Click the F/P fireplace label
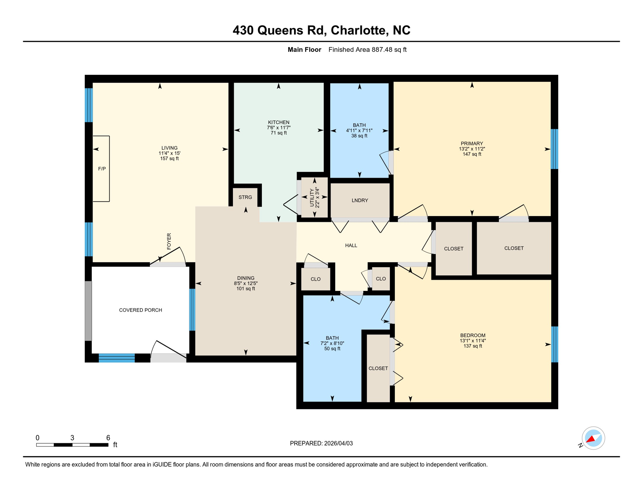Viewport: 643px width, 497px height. (x=102, y=169)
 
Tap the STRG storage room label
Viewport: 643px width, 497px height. (x=245, y=197)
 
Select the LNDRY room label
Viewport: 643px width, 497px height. (x=360, y=200)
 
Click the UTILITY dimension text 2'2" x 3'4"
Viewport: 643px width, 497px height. (x=317, y=198)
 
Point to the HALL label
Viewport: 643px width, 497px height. (x=351, y=245)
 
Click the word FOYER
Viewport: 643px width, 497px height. (x=169, y=241)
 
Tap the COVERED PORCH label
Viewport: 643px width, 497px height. (x=140, y=310)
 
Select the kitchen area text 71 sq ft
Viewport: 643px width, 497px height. (x=278, y=133)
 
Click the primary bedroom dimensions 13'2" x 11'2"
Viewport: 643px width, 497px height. (x=472, y=149)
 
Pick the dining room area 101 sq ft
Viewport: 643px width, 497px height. (x=245, y=289)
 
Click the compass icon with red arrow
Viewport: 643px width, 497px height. (x=593, y=438)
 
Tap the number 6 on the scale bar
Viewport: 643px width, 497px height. (x=108, y=437)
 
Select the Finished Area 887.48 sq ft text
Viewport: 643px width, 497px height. (x=367, y=50)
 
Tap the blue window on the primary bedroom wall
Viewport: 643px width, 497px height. (x=554, y=149)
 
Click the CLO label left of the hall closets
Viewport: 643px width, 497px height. (x=315, y=279)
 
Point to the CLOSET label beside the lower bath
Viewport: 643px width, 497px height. (x=378, y=368)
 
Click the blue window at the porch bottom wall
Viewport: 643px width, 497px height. (x=116, y=358)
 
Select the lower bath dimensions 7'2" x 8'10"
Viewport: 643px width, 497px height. (x=332, y=343)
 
